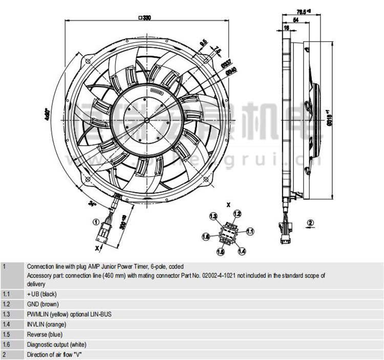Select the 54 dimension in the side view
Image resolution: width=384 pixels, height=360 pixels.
tap(296, 20)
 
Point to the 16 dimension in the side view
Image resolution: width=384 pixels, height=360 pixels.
tap(287, 28)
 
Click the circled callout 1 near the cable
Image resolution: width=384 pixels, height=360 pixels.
tap(95, 222)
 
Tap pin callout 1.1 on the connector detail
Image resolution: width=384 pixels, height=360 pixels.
tap(250, 231)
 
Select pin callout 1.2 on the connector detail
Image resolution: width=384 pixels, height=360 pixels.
tap(237, 213)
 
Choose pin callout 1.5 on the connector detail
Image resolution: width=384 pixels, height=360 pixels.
tap(221, 251)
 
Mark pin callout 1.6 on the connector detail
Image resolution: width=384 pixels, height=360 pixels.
tap(206, 237)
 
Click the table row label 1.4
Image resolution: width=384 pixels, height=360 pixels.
tap(6, 324)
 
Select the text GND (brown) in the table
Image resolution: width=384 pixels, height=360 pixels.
tap(43, 304)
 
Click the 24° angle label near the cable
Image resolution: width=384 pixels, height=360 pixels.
tap(92, 204)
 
